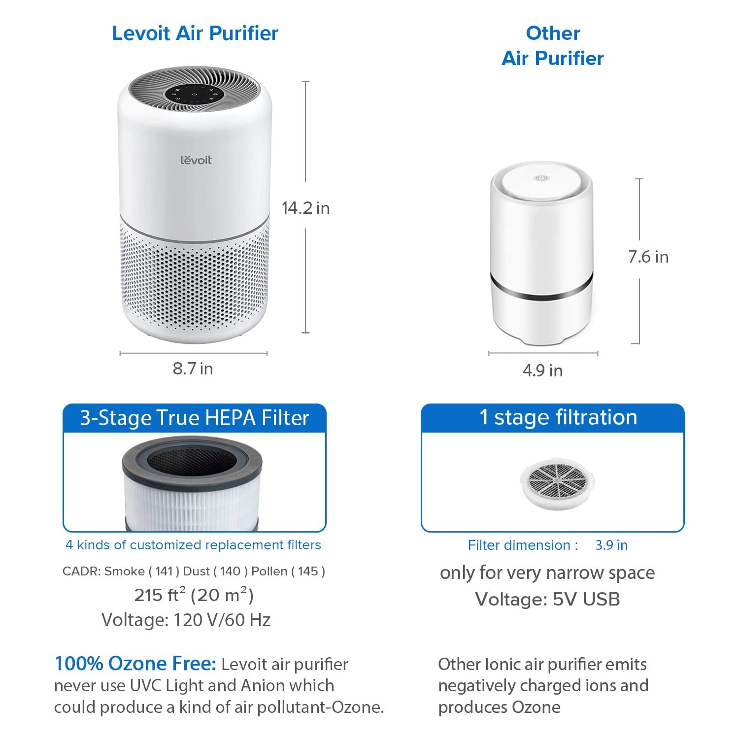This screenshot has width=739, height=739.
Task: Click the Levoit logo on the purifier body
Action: (x=196, y=160)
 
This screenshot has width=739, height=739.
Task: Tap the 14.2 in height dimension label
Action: (x=305, y=208)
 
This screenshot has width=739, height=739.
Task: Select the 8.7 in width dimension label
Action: (x=193, y=369)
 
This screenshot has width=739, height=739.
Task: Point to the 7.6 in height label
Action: (x=648, y=257)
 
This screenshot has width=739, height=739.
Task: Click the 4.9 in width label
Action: (x=542, y=370)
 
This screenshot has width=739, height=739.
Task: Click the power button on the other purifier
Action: (x=540, y=178)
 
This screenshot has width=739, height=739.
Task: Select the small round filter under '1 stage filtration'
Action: (x=557, y=482)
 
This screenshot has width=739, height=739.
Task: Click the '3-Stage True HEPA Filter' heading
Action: (x=195, y=418)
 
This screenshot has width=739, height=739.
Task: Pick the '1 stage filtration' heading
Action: (x=558, y=417)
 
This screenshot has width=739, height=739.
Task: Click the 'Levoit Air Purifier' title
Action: (x=195, y=33)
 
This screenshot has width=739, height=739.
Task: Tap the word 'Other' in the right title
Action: (x=553, y=33)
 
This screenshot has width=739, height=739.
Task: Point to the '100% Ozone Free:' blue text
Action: (x=135, y=664)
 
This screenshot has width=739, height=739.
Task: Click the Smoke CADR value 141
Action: (x=164, y=571)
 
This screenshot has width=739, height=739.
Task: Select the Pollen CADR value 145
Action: (x=308, y=571)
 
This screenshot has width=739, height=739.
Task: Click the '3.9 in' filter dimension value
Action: (x=611, y=545)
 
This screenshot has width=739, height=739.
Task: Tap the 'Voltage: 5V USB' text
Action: (x=547, y=599)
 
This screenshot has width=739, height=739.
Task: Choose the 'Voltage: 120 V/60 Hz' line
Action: (x=186, y=620)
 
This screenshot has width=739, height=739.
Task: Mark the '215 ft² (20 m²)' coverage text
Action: (x=194, y=595)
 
